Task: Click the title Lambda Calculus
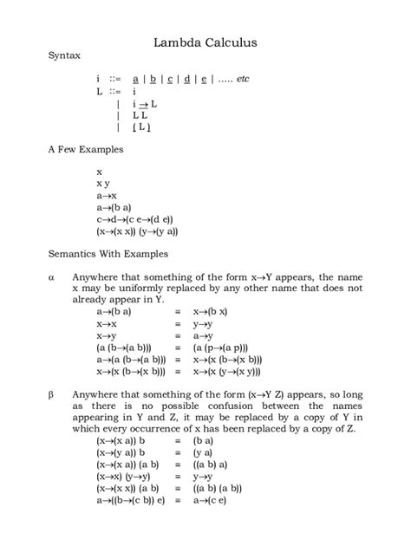(205, 41)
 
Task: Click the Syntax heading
(63, 55)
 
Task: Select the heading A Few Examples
(85, 149)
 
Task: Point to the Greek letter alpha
(50, 276)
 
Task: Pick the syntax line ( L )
(141, 127)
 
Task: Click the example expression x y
(102, 184)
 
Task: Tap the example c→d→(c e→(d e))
(134, 219)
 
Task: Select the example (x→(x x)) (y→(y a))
(137, 231)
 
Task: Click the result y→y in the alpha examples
(204, 323)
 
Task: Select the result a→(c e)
(212, 500)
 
